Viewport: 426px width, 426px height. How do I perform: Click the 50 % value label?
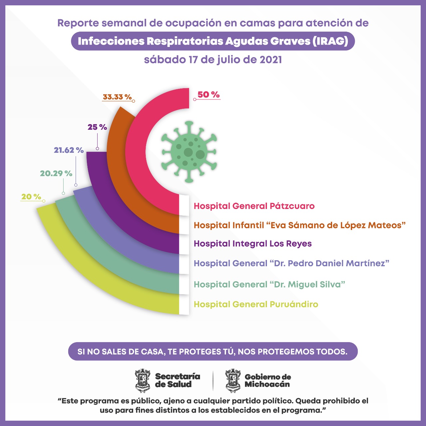[x=208, y=95]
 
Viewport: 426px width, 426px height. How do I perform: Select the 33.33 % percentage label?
[x=117, y=97]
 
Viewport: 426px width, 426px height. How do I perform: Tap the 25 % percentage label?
[x=97, y=127]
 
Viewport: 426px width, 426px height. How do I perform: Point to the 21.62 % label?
[x=69, y=150]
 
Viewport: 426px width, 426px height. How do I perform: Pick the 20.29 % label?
[x=56, y=173]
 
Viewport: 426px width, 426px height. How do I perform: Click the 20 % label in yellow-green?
[x=31, y=197]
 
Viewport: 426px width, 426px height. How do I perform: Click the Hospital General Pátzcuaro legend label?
[x=254, y=206]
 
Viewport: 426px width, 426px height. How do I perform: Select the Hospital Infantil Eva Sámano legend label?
[x=300, y=225]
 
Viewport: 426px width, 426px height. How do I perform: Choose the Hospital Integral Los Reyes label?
[x=253, y=244]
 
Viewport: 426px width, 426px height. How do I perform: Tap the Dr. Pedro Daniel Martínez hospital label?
[x=292, y=263]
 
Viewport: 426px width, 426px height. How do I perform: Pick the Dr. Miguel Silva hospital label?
[x=269, y=285]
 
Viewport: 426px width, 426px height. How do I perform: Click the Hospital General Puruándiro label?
[x=256, y=304]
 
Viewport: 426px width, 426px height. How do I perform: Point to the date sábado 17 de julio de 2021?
[x=213, y=60]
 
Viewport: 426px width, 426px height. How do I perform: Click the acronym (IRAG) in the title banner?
[x=330, y=41]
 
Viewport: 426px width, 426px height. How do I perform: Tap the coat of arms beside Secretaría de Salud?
[x=143, y=380]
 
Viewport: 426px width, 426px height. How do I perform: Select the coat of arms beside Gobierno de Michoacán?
[x=233, y=380]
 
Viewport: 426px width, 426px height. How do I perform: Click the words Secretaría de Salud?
[x=177, y=380]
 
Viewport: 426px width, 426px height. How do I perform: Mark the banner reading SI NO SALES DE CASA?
[x=213, y=351]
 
